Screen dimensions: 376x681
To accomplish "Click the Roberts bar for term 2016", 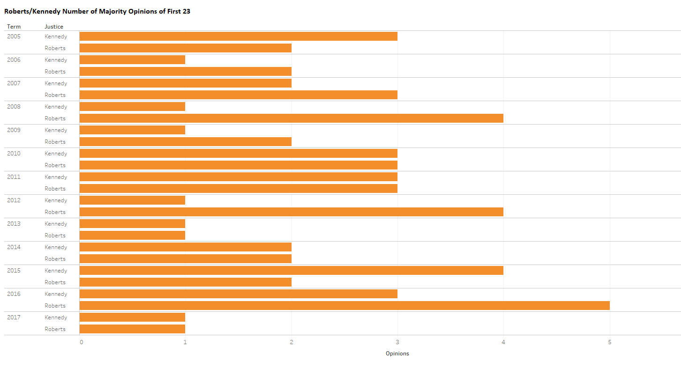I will (344, 306).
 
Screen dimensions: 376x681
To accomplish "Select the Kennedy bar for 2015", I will (291, 271).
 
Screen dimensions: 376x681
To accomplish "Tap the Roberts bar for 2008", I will (291, 118).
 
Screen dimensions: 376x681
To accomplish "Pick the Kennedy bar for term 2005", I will (238, 37).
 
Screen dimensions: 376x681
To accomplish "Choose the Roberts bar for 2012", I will (291, 212).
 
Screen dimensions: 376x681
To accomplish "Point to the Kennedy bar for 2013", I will (132, 224).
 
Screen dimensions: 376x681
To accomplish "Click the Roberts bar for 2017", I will (132, 329).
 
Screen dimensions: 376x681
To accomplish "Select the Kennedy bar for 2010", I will (238, 154).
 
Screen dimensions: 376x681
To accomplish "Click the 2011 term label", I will (14, 177).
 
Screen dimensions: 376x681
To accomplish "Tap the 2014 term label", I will (14, 247).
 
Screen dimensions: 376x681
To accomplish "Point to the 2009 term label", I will (14, 130).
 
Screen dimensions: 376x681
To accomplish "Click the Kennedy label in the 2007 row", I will (56, 83).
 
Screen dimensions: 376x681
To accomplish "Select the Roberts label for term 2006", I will (55, 72).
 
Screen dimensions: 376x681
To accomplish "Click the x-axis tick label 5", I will (610, 342).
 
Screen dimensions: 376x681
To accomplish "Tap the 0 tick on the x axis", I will (82, 342).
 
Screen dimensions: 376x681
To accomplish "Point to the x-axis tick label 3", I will (397, 342).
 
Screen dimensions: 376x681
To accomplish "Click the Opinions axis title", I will (397, 354).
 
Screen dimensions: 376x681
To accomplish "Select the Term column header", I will (14, 27).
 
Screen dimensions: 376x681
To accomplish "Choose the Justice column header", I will (54, 27).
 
